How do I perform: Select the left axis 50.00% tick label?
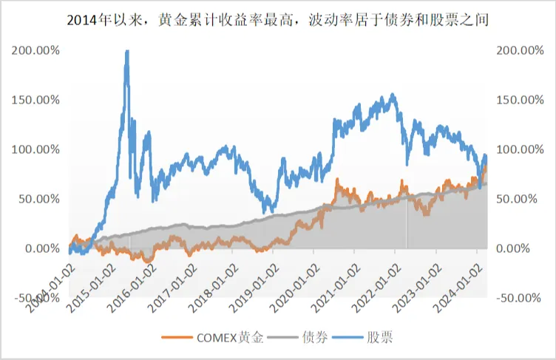[x=39, y=199]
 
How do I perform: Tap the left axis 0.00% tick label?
[x=42, y=248]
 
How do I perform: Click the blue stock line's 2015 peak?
[x=126, y=52]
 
